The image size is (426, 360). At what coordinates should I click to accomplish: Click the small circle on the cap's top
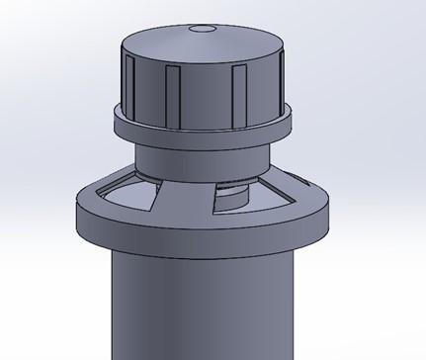205,29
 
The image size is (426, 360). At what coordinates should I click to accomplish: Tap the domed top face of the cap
205,45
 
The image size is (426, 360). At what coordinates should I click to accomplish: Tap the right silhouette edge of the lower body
298,307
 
